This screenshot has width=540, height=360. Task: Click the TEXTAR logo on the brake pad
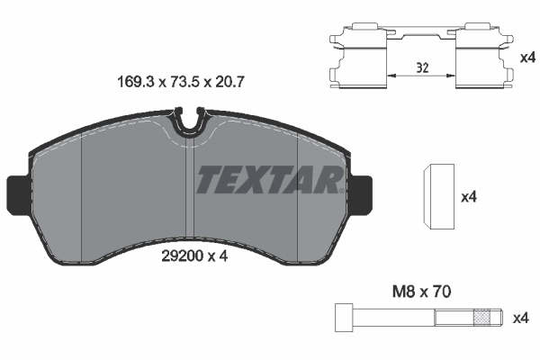tap(269, 180)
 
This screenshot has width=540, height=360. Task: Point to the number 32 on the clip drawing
tap(423, 66)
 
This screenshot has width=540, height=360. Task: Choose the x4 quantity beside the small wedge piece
tap(468, 197)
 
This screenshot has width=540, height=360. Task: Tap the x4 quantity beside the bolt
tap(520, 318)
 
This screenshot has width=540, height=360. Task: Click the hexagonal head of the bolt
tap(342, 317)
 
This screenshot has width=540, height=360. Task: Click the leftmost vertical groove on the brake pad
tap(82, 193)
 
